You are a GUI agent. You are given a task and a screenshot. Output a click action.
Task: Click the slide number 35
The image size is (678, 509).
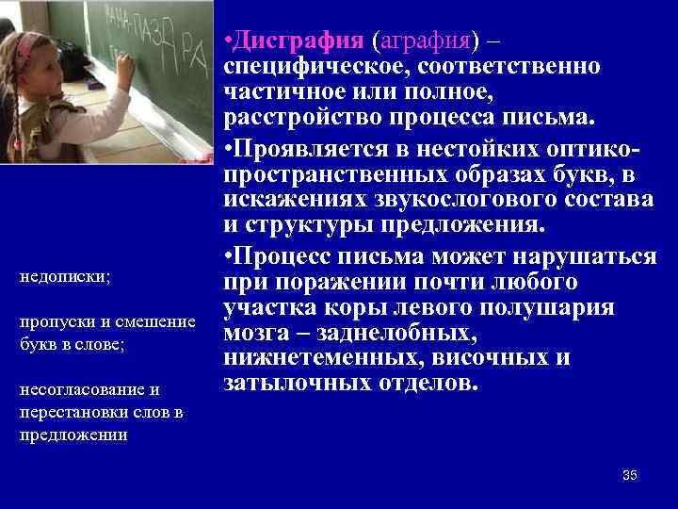point(629,475)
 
